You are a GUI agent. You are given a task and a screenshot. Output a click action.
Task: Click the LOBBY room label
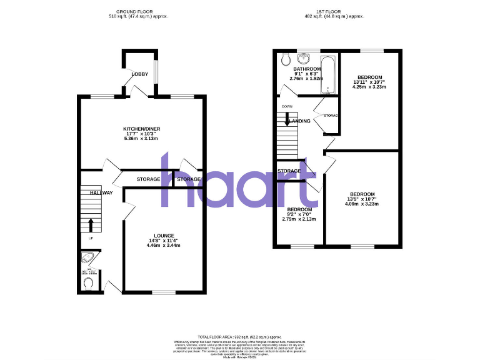(139, 74)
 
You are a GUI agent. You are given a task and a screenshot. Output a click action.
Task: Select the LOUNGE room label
(165, 236)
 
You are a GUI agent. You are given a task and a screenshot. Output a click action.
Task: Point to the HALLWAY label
(101, 193)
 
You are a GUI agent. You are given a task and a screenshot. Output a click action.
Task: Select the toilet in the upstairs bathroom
(285, 60)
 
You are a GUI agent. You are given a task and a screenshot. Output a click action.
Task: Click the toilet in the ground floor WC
(88, 283)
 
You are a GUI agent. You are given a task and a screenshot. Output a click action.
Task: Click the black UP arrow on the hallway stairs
(90, 224)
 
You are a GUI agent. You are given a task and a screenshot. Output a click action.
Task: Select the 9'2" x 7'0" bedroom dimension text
(299, 214)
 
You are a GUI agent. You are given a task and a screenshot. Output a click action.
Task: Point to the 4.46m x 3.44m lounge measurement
(165, 246)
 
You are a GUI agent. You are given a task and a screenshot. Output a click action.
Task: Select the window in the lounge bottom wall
(164, 292)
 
